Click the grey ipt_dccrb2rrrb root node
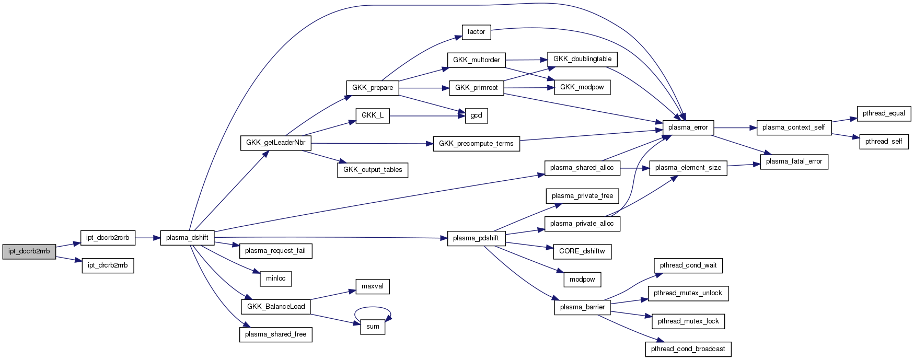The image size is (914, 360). click(x=29, y=251)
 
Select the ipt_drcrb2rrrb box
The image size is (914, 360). click(x=108, y=265)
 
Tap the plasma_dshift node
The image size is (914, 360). click(x=187, y=238)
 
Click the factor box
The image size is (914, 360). click(x=476, y=32)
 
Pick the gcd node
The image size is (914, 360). click(x=476, y=115)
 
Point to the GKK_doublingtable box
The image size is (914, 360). click(x=582, y=59)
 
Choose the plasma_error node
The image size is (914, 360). click(x=688, y=127)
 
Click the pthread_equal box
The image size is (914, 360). click(x=884, y=113)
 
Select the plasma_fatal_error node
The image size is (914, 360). click(x=794, y=161)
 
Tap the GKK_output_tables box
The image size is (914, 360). click(x=373, y=170)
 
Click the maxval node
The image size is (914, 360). click(x=373, y=286)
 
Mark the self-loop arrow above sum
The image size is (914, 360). click(x=373, y=308)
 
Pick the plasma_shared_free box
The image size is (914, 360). click(x=275, y=334)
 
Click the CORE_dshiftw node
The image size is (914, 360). click(x=582, y=251)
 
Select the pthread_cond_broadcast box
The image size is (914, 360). click(x=688, y=349)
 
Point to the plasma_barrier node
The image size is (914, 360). click(x=582, y=307)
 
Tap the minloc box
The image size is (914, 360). click(x=275, y=278)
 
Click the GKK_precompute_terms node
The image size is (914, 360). click(x=476, y=144)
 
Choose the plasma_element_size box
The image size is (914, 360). click(x=688, y=168)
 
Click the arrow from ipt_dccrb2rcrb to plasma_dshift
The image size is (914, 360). click(x=148, y=238)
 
